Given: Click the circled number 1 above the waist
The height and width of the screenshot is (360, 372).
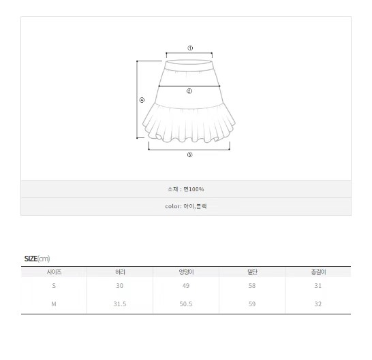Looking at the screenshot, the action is click(x=190, y=48).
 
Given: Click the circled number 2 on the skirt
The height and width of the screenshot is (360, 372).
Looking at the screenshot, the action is click(x=189, y=91).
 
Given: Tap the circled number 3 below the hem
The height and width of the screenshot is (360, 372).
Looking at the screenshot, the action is click(x=189, y=154).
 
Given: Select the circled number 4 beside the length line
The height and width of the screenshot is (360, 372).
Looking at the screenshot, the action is click(x=142, y=100).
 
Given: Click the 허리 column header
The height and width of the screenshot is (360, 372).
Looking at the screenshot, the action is click(x=120, y=272).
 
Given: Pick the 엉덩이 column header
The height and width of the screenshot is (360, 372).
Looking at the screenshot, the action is click(x=186, y=272).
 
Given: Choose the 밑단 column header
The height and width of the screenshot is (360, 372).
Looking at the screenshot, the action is click(x=252, y=272).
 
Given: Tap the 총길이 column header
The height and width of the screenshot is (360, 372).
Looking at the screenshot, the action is click(x=318, y=272).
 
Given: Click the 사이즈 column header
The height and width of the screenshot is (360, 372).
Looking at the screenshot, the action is click(x=54, y=272).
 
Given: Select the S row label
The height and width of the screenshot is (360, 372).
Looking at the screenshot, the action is click(x=54, y=286).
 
